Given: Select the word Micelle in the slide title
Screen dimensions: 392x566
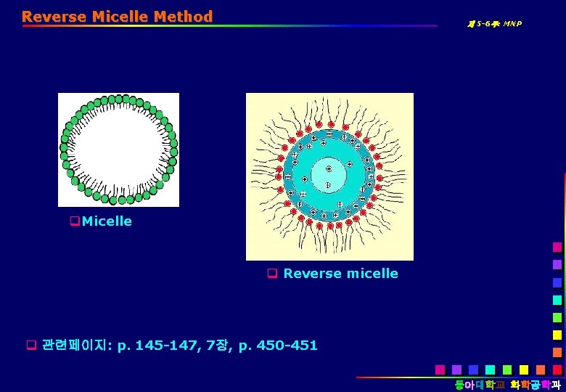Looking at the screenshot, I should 120,16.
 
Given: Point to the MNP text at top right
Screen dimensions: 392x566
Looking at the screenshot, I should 509,24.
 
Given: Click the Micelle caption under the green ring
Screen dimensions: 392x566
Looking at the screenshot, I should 107,221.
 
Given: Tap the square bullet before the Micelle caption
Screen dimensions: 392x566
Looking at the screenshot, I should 75,221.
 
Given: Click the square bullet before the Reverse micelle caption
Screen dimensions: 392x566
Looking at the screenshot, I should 272,274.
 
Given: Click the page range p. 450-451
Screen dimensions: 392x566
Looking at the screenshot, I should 279,345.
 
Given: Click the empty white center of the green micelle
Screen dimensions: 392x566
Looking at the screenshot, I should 118,150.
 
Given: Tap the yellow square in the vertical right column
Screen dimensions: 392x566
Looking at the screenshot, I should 557,335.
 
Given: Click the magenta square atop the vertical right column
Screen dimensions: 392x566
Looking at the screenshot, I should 557,247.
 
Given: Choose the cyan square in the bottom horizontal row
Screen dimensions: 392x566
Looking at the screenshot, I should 491,369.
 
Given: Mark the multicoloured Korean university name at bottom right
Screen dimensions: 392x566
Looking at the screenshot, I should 508,384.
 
